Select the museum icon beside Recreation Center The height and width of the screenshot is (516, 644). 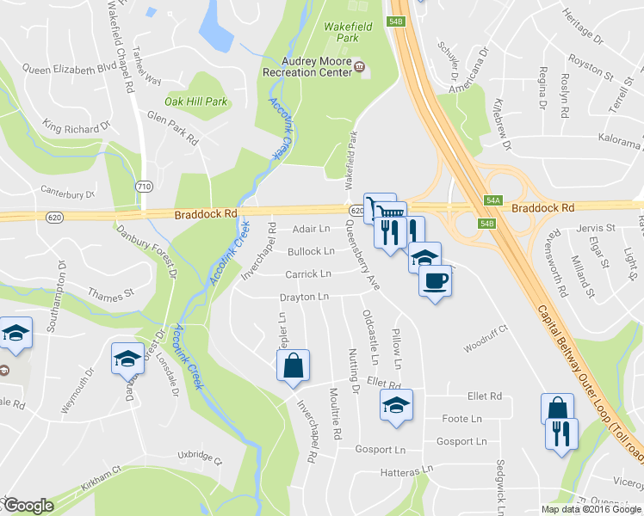tap(360, 67)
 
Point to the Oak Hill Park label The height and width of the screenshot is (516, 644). tap(196, 101)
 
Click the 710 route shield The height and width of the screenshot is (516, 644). tap(144, 187)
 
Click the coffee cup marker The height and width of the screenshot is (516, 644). tap(435, 280)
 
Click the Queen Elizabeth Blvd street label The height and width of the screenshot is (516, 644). tap(69, 67)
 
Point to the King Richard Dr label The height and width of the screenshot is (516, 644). tap(77, 127)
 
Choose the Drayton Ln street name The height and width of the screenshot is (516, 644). tap(304, 297)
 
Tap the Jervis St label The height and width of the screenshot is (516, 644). tap(597, 228)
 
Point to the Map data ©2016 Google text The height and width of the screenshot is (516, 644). tap(591, 509)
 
